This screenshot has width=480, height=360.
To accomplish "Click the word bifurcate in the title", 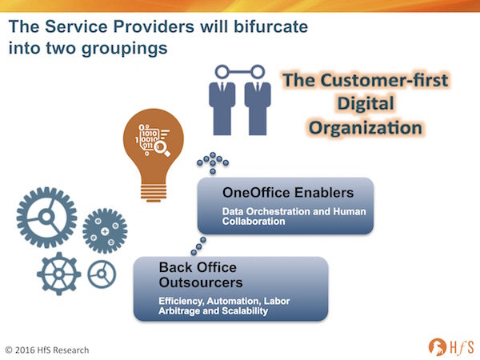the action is [270, 26].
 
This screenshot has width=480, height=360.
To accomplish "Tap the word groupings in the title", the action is [125, 49].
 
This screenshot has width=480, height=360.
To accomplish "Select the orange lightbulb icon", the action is [154, 155].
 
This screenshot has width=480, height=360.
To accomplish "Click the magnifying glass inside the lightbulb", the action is [162, 148].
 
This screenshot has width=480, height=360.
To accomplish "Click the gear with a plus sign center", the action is [105, 231].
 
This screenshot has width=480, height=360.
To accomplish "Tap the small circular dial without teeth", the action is [102, 274].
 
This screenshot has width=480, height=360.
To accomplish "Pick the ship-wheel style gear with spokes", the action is [58, 274].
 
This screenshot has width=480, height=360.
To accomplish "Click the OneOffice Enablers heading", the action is [288, 193].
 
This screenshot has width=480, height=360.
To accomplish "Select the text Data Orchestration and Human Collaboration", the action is [294, 216].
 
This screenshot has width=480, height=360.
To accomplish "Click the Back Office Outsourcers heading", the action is [201, 275].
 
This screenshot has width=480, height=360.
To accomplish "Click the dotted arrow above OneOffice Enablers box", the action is [213, 162].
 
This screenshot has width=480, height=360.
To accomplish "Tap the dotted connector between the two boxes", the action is [198, 246].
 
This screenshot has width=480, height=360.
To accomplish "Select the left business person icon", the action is [222, 101].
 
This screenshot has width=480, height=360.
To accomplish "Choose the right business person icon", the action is [258, 101].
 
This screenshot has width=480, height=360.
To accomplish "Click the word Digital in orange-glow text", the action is [366, 104].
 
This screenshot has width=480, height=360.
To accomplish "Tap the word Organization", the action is [366, 128].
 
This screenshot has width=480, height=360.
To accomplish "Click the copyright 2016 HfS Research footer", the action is [47, 350].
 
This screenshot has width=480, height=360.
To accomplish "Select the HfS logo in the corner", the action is [451, 347].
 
